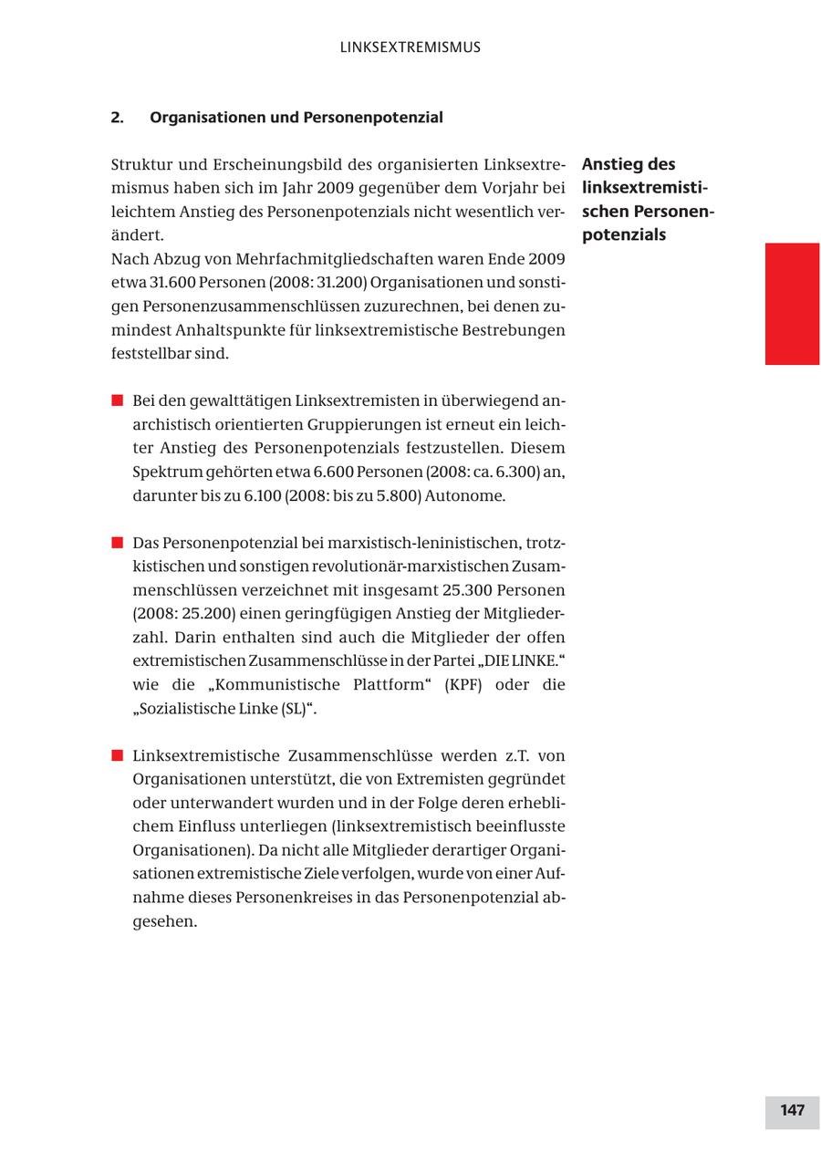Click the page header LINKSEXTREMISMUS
coord(410,47)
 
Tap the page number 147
coord(792,1110)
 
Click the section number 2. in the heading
coord(117,118)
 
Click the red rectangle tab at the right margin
coord(792,304)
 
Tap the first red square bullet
coord(117,400)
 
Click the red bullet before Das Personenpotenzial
coord(117,543)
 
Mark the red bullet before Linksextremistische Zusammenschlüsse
coord(117,755)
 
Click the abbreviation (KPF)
coord(463,684)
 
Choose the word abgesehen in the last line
coord(165,920)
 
